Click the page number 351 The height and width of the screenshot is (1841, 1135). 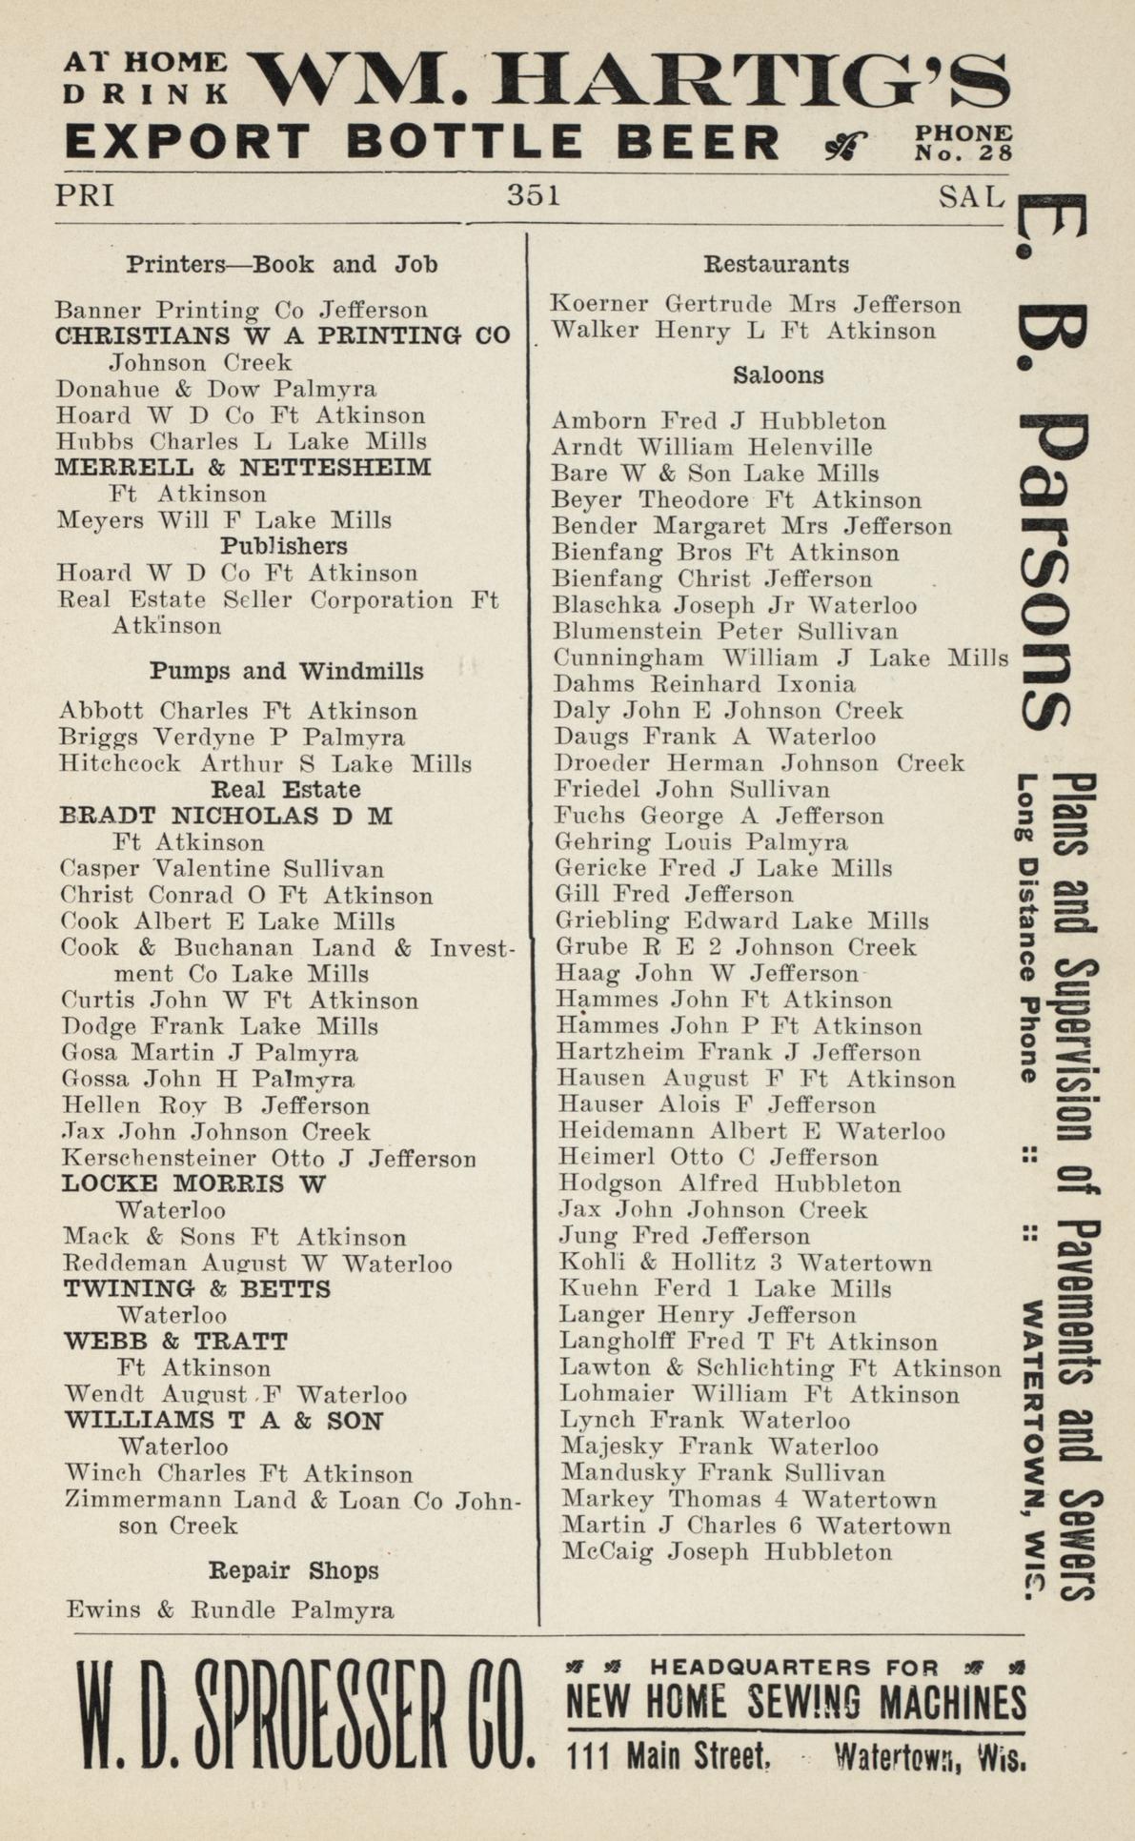(x=534, y=195)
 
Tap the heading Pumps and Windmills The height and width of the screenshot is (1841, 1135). (x=287, y=671)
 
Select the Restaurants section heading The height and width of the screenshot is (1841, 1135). (x=776, y=264)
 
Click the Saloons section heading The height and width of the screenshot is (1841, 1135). (x=778, y=375)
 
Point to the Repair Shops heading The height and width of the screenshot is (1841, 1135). (x=294, y=1570)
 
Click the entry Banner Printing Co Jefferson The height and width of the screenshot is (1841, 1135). (x=242, y=310)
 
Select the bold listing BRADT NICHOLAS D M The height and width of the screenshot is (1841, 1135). (x=226, y=816)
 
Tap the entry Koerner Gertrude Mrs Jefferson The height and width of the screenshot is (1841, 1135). (x=756, y=304)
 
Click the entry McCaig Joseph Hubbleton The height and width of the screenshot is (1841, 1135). (x=727, y=1552)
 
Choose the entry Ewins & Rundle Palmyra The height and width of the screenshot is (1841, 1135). (x=230, y=1610)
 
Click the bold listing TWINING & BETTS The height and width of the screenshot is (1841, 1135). (x=197, y=1289)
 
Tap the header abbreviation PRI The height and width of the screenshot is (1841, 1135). (x=85, y=195)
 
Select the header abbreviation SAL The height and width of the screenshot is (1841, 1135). (x=971, y=196)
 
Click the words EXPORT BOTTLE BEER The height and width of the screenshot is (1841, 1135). (x=423, y=142)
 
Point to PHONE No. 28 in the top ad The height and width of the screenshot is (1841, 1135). (x=963, y=143)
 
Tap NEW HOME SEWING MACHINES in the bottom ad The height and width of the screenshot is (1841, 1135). (x=797, y=1702)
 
